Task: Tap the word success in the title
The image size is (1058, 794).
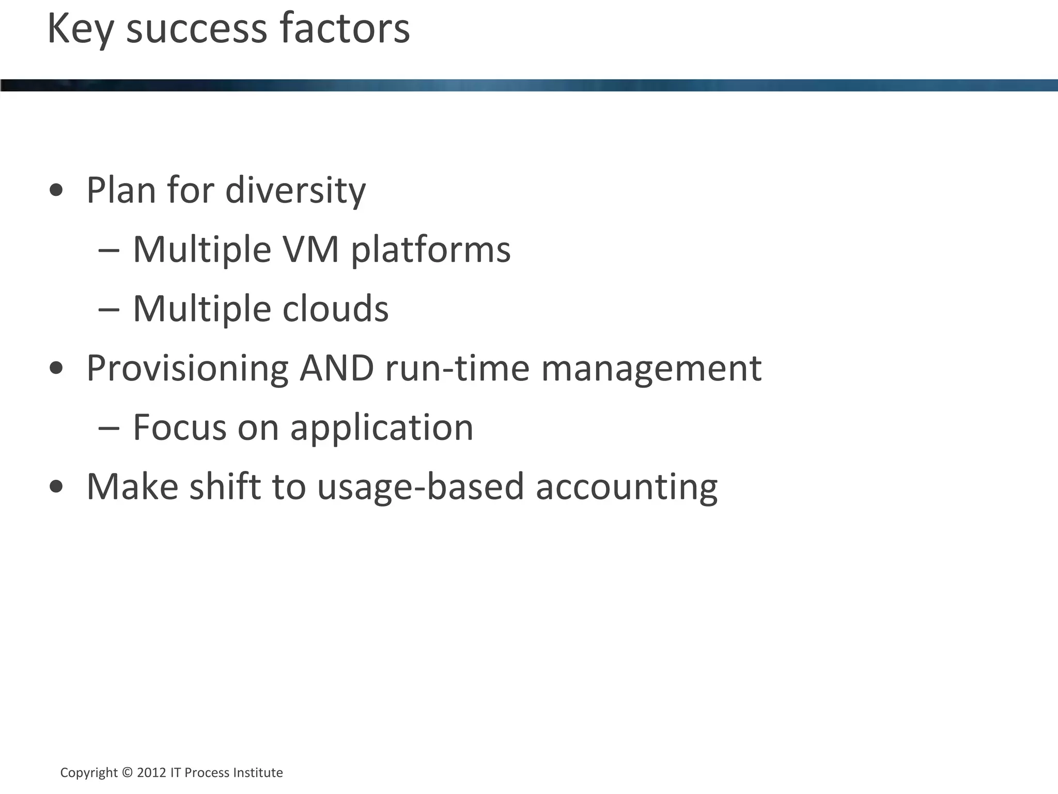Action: [x=197, y=29]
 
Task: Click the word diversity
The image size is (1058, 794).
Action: [x=295, y=190]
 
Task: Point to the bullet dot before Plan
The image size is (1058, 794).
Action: [x=56, y=190]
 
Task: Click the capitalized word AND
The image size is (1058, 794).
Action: [x=337, y=368]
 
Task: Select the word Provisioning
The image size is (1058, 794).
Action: [x=187, y=369]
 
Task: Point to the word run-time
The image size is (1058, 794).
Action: [x=457, y=368]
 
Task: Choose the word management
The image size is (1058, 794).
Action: [x=651, y=369]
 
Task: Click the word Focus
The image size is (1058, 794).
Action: [x=179, y=427]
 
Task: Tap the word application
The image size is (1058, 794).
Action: [x=382, y=429]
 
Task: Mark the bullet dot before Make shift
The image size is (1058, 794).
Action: [x=56, y=486]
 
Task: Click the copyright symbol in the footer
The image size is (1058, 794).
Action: [x=127, y=772]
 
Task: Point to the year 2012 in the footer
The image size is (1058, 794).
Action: [x=151, y=772]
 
